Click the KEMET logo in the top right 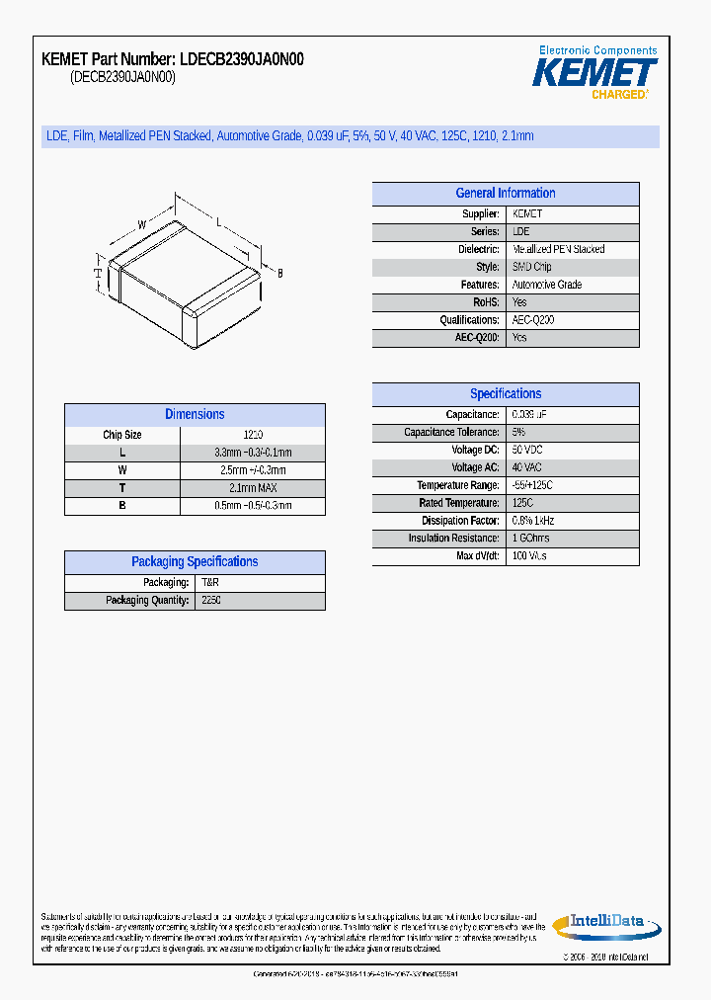click(594, 72)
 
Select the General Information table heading click(505, 194)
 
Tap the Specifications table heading click(505, 394)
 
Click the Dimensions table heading click(195, 415)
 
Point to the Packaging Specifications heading click(195, 562)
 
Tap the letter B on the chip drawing click(279, 273)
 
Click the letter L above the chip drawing click(218, 223)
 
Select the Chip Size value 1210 click(252, 435)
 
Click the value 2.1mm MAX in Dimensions click(252, 488)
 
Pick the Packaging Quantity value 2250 click(211, 601)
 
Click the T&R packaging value click(210, 583)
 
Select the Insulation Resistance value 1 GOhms click(530, 539)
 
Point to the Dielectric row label click(479, 250)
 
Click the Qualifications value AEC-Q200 click(533, 320)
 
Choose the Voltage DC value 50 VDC click(527, 451)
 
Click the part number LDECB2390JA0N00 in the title click(242, 59)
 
